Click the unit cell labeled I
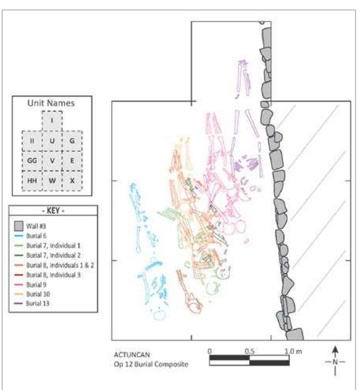[x=52, y=121]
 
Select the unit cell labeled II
[x=32, y=141]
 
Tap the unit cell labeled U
[x=52, y=141]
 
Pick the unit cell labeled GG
[x=32, y=160]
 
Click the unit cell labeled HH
[x=32, y=181]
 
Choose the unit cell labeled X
[x=72, y=181]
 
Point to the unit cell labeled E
[x=72, y=160]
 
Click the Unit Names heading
[x=51, y=103]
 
